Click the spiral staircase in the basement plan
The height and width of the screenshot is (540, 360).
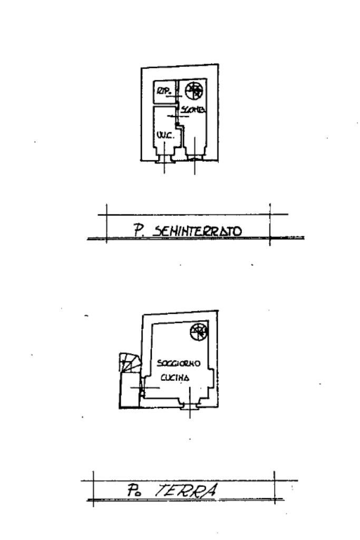[194, 91]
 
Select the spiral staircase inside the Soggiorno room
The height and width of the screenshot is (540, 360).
[199, 332]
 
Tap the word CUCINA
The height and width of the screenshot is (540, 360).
[176, 378]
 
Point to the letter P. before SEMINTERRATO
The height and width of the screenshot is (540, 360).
[139, 231]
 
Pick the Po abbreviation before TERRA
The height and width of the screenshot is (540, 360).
[132, 491]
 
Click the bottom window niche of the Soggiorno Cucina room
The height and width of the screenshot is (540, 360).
[190, 405]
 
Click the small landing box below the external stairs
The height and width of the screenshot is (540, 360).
[130, 390]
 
